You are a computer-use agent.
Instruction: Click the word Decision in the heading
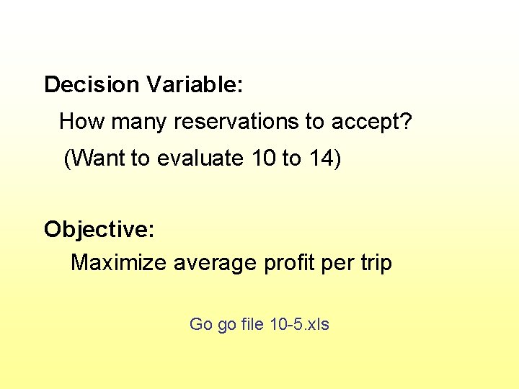click(x=92, y=85)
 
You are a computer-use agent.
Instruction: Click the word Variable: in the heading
click(x=194, y=85)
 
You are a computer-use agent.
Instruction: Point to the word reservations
click(x=239, y=122)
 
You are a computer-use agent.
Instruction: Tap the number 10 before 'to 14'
click(x=264, y=158)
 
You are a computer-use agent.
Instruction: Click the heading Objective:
click(x=99, y=229)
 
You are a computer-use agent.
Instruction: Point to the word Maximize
click(x=119, y=263)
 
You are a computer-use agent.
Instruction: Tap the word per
click(x=337, y=263)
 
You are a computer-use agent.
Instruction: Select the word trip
click(x=376, y=263)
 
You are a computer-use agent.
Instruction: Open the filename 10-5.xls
click(x=299, y=324)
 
